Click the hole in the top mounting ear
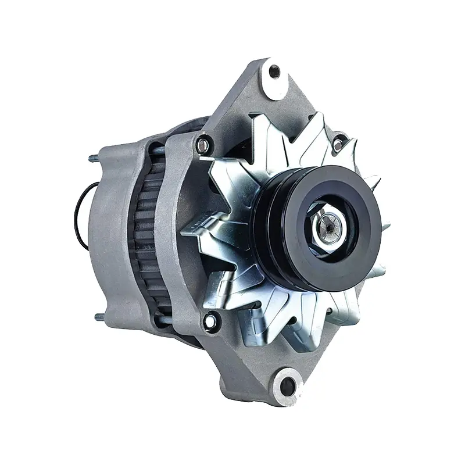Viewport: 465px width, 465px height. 274,71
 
